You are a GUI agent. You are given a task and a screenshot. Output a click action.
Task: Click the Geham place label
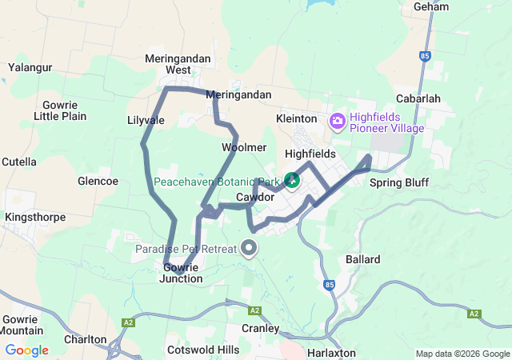coord(431,6)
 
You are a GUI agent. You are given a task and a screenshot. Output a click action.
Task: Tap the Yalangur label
coord(30,67)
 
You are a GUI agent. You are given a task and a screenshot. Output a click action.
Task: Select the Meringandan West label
coord(167,64)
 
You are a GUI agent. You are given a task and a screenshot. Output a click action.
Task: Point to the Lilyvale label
coord(146,120)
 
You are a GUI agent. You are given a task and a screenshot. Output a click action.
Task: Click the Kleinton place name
coord(297,118)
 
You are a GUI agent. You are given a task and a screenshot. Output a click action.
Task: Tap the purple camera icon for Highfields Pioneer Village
coord(338,122)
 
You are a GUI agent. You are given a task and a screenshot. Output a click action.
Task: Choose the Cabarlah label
coord(418,98)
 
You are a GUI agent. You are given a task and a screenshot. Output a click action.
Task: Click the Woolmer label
coord(244,147)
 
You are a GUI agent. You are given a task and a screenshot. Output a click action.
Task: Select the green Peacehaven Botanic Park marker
coord(293,180)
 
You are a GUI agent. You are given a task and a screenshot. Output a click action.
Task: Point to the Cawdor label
coord(256,197)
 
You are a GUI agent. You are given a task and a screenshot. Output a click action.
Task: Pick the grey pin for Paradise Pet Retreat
coord(250,248)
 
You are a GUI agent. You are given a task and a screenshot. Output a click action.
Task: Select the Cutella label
coord(19,162)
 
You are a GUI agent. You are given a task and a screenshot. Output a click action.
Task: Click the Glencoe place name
coord(98,181)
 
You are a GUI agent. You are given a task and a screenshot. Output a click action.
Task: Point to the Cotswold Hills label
coord(203,350)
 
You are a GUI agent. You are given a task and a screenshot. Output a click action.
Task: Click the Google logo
coord(26,350)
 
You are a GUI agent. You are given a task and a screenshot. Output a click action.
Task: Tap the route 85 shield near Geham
coord(424,55)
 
